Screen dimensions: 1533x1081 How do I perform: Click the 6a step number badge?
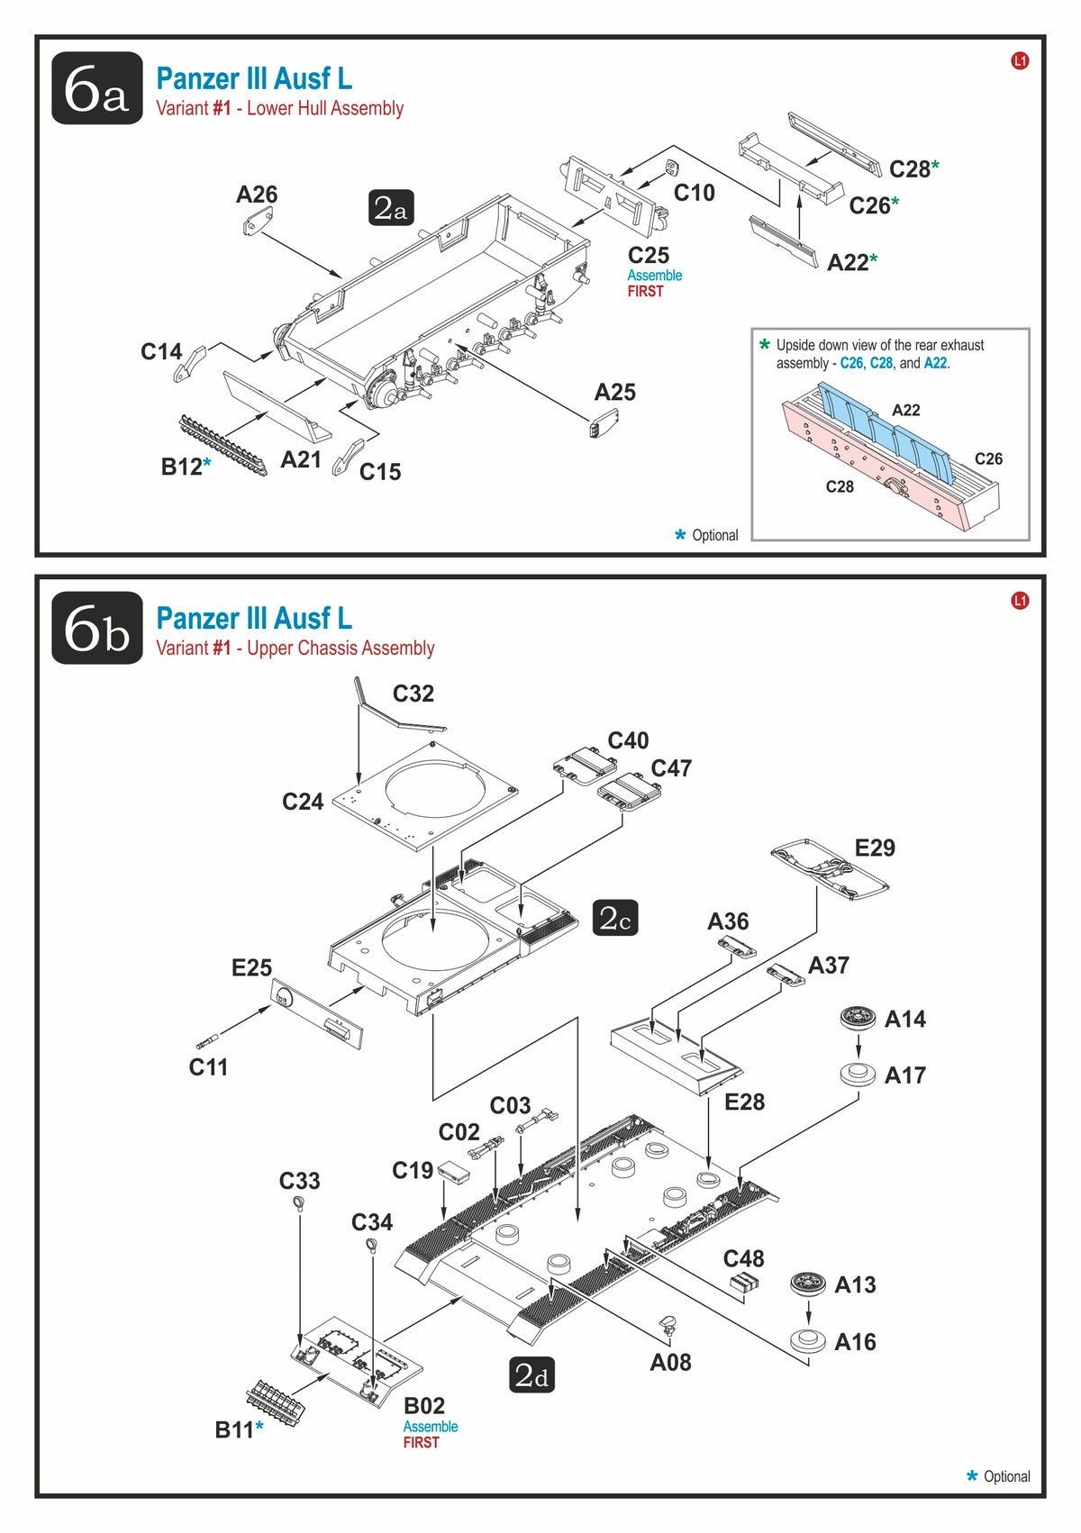coord(97,88)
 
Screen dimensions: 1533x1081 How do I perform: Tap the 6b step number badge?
coord(97,629)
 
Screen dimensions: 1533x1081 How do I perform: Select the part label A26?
coord(257,195)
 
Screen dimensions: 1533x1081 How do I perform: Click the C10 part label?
coord(694,193)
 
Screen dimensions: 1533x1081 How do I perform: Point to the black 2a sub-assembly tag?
coord(390,208)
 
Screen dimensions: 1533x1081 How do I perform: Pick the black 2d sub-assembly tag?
coord(531,1375)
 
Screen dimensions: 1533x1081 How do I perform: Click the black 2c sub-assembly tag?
coord(615,918)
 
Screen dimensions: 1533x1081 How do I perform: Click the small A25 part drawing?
coord(604,422)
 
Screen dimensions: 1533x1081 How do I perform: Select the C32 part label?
coord(413,694)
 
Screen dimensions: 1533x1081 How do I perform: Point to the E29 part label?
coord(875,848)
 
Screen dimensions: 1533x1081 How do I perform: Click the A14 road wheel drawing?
coord(857,1019)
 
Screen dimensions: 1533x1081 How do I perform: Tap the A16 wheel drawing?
coord(807,1340)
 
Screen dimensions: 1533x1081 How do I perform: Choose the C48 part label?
coord(743,1258)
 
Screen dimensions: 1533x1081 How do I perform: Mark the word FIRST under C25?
coord(645,292)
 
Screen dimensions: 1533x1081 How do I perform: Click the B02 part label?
coord(423,1406)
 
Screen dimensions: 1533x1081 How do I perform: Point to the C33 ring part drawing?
coord(299,1206)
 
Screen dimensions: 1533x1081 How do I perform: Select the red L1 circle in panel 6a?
coord(1020,61)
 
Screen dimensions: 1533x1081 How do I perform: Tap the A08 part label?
coord(670,1363)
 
